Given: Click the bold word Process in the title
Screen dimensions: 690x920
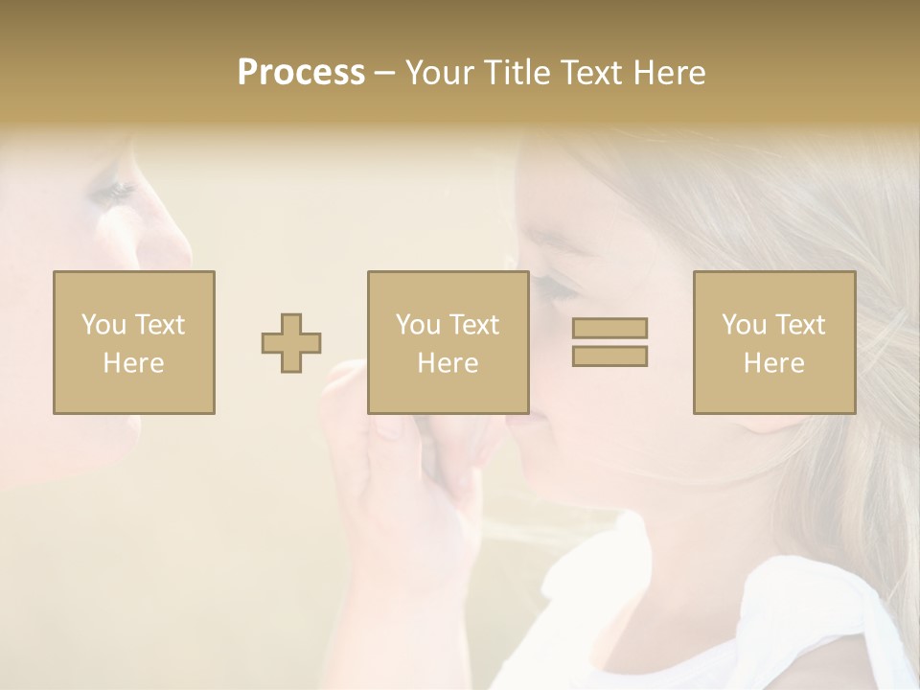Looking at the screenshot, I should click(x=301, y=73).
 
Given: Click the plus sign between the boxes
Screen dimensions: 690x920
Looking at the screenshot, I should click(x=291, y=343).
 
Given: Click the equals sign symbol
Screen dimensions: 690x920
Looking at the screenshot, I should click(x=609, y=342).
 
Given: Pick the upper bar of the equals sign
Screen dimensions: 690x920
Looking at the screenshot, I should click(x=609, y=328).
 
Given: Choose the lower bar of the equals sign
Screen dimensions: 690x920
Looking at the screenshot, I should click(x=609, y=356).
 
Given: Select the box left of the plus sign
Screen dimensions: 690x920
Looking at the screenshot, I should click(x=134, y=342).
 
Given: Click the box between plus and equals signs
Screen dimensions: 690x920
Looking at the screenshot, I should click(x=448, y=342).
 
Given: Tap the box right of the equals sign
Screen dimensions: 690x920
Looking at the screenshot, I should click(x=774, y=342).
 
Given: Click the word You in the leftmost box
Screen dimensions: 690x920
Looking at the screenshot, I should click(x=103, y=325).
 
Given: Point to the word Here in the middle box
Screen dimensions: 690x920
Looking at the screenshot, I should click(x=448, y=363).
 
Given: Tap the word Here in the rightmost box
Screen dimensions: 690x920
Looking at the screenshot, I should click(x=774, y=363).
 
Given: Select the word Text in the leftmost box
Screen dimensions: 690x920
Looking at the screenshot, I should click(x=159, y=325).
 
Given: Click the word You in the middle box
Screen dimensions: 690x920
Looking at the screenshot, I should click(x=418, y=325).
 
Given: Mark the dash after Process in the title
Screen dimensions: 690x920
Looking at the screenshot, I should click(x=384, y=73).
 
